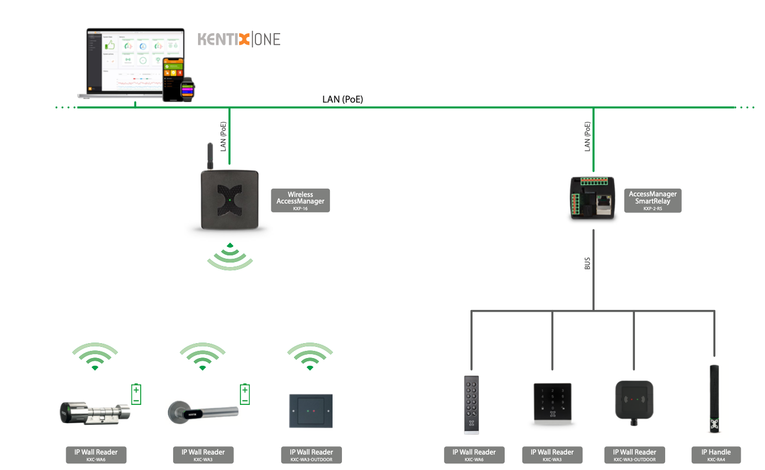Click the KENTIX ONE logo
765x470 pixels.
click(x=239, y=40)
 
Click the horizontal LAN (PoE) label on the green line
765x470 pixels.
click(x=343, y=100)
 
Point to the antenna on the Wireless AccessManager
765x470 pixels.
click(x=210, y=157)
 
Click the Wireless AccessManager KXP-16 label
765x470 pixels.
click(x=300, y=201)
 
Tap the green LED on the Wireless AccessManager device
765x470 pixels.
click(x=229, y=200)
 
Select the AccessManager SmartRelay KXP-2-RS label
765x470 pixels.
click(x=652, y=200)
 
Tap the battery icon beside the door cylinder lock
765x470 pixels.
click(x=136, y=394)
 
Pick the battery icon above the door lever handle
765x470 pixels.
click(x=245, y=394)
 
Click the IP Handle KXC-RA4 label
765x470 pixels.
click(x=716, y=455)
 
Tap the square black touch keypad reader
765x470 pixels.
click(x=552, y=403)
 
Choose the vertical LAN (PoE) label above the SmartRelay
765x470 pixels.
click(x=587, y=137)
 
